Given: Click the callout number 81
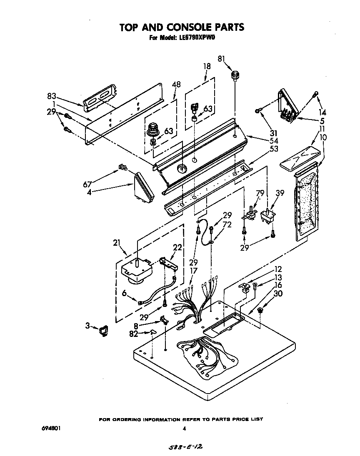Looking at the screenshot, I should point(222,59).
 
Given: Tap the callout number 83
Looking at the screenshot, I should point(52,96).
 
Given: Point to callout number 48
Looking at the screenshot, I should point(176,85).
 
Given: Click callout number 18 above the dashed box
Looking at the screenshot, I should point(207,66).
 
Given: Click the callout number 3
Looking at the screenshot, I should point(88,326).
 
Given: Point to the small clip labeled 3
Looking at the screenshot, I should point(102,331).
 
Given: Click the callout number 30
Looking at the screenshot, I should point(278,293).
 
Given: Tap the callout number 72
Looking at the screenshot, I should point(227,225).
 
